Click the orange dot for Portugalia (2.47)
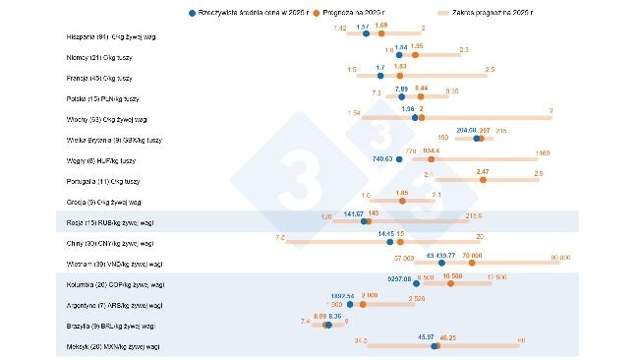pos(482,180)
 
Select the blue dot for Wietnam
pos(442,264)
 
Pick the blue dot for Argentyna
pos(351,304)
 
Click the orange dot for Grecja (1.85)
pos(401,202)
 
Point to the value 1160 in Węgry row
pos(542,152)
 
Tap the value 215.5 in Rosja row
pos(473,215)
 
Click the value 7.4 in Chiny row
pos(280,237)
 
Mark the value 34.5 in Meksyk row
pos(361,340)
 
